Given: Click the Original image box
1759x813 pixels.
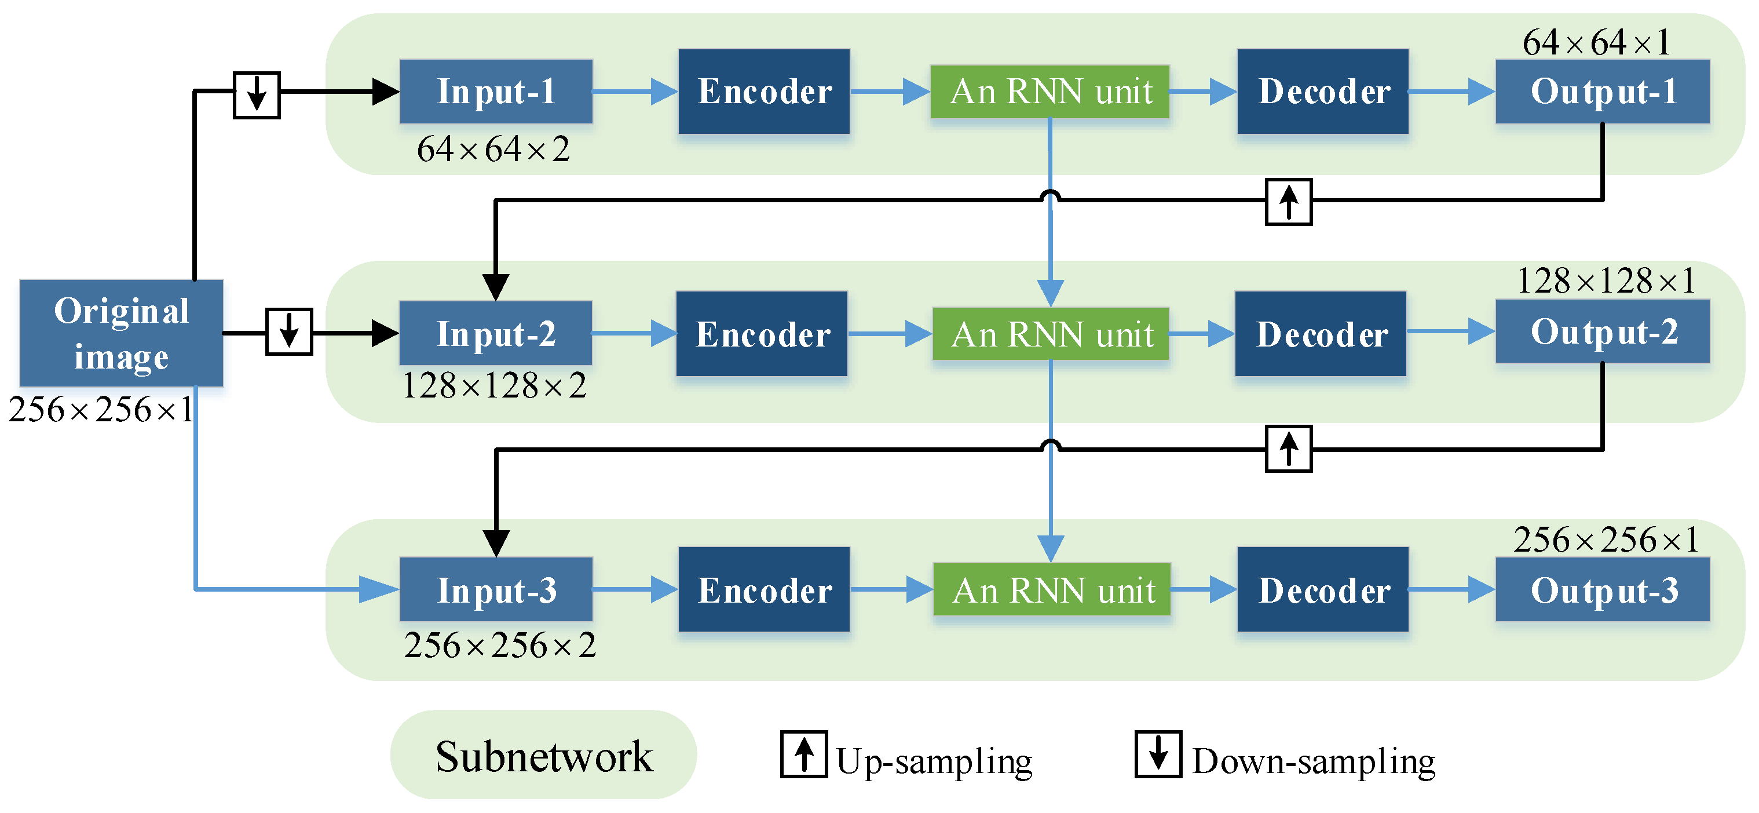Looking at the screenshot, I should pyautogui.click(x=122, y=333).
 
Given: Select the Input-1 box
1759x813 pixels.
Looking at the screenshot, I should pyautogui.click(x=496, y=91).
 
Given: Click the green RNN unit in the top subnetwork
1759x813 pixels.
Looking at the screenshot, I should pyautogui.click(x=1050, y=91).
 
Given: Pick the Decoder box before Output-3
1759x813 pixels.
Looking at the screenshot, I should pyautogui.click(x=1323, y=589).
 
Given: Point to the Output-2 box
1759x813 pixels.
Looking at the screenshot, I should pyautogui.click(x=1603, y=331).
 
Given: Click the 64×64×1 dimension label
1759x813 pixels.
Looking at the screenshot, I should pyautogui.click(x=1596, y=42).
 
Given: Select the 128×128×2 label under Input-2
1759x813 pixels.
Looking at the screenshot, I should pyautogui.click(x=495, y=386).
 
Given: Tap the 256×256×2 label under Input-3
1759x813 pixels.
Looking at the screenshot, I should pyautogui.click(x=499, y=645).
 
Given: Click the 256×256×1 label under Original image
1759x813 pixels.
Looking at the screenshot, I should pyautogui.click(x=101, y=410).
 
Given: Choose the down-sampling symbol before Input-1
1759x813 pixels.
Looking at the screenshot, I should pyautogui.click(x=257, y=94).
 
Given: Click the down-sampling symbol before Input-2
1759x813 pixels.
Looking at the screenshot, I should pyautogui.click(x=289, y=331).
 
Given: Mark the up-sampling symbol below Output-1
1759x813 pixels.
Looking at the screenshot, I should pyautogui.click(x=1289, y=202).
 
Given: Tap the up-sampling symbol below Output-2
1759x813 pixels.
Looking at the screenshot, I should pyautogui.click(x=1289, y=449).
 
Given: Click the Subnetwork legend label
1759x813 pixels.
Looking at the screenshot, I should pyautogui.click(x=543, y=756).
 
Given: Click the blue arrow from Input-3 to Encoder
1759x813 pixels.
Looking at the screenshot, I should pyautogui.click(x=634, y=589).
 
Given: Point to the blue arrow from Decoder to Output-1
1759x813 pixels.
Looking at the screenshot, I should pyautogui.click(x=1451, y=91).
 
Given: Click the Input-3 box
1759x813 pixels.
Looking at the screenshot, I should pyautogui.click(x=496, y=589).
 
